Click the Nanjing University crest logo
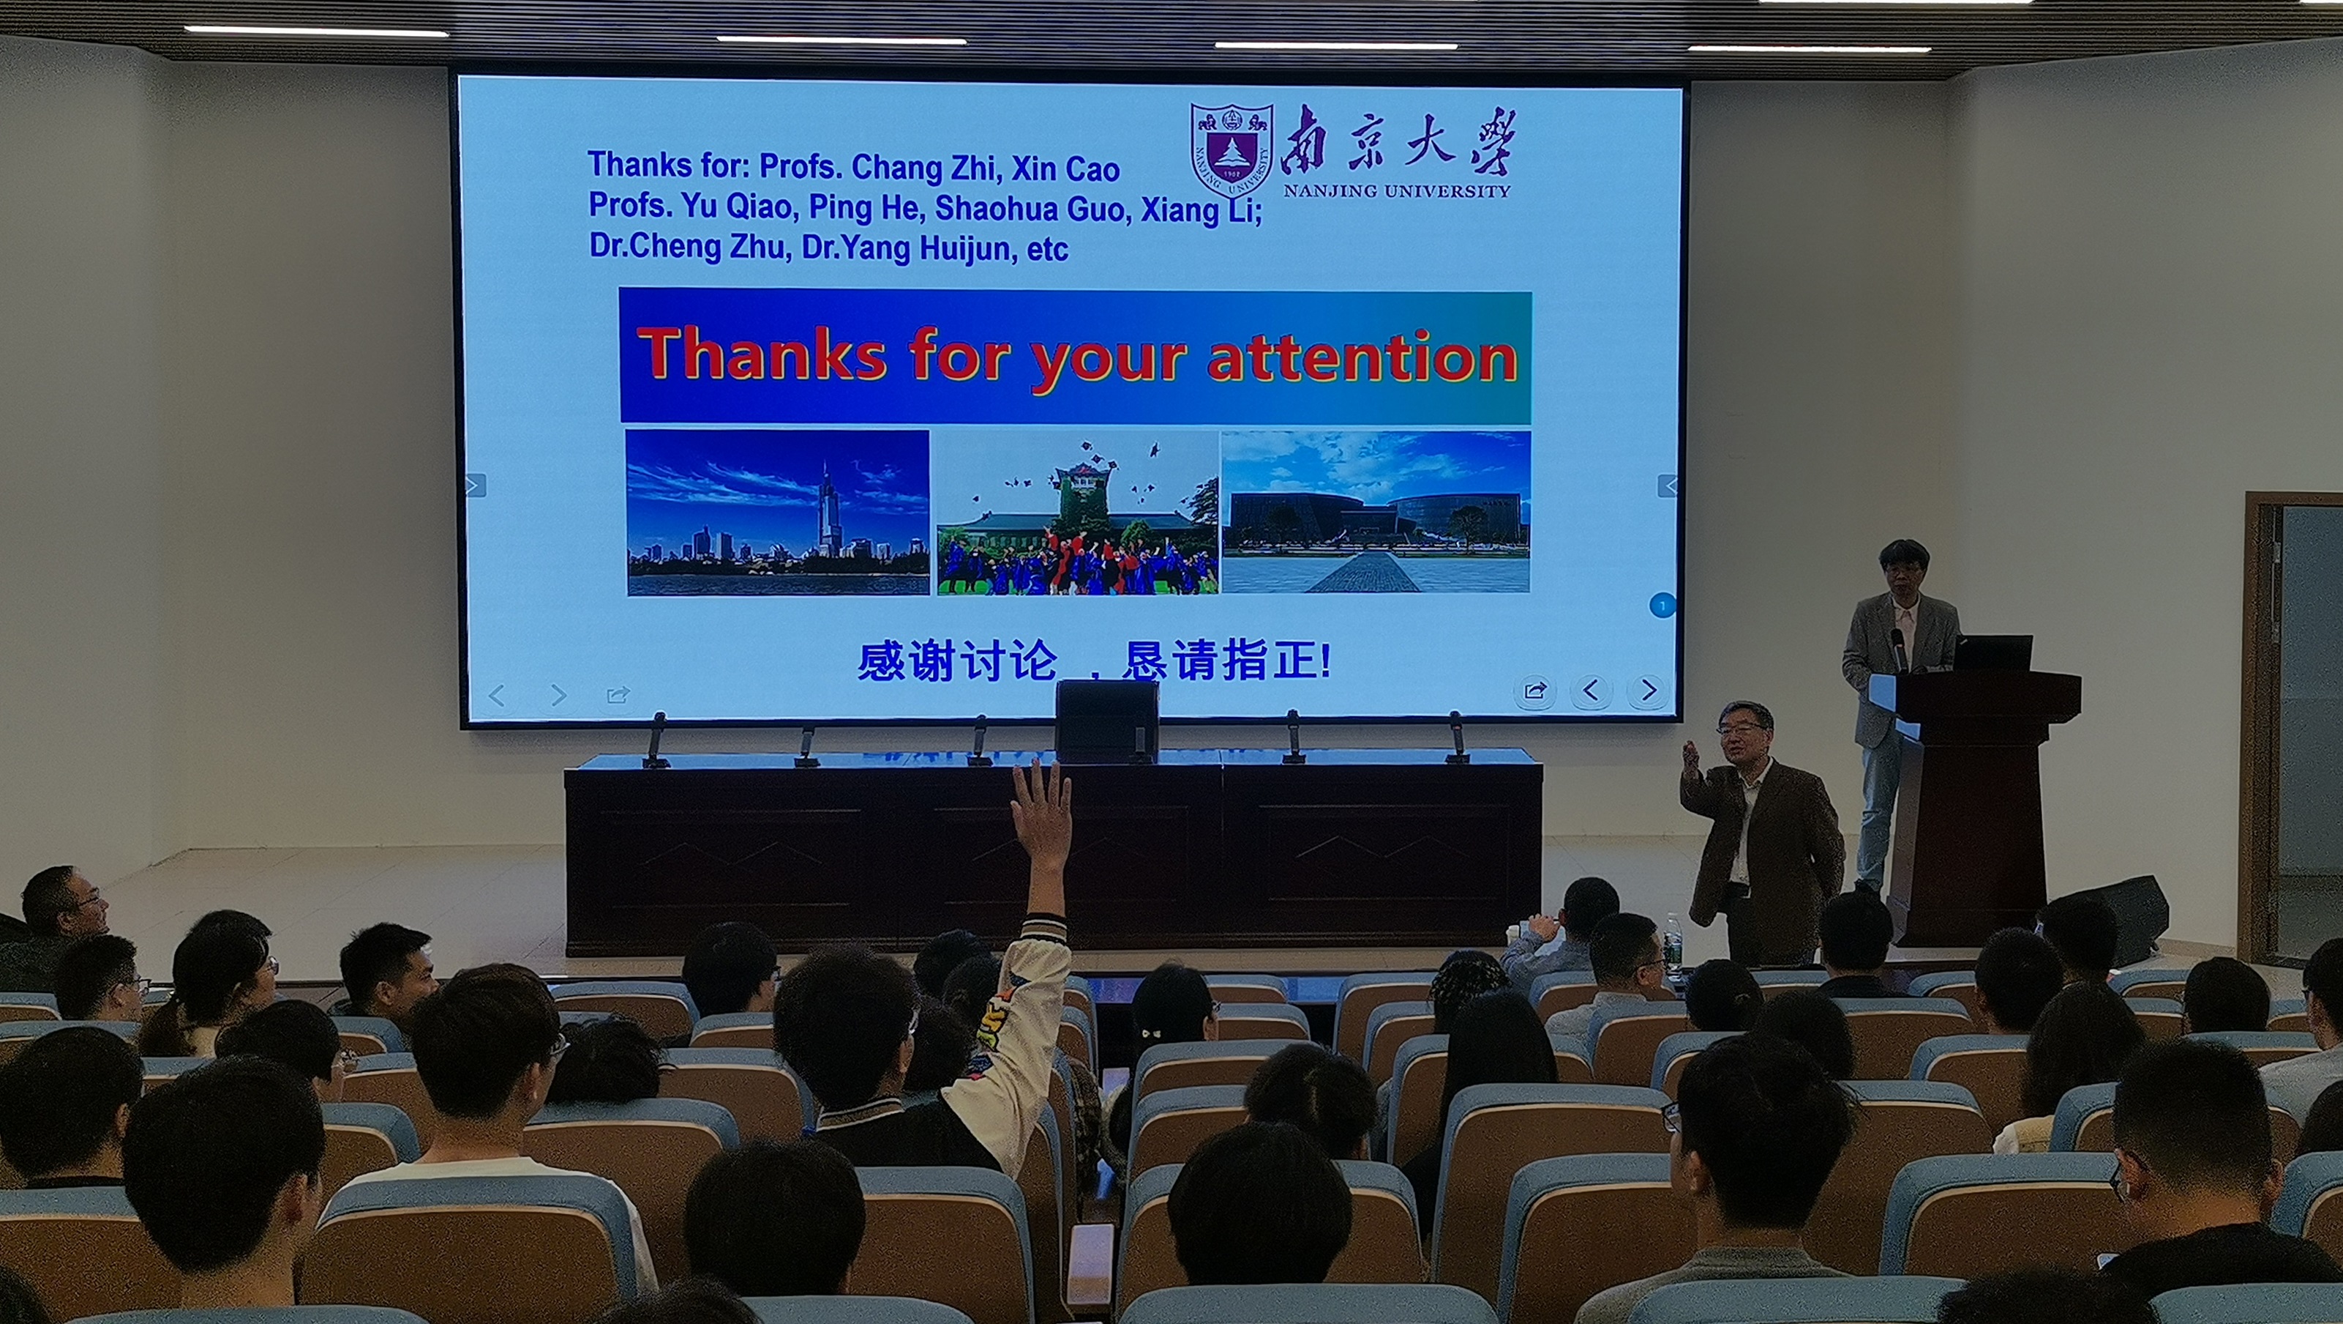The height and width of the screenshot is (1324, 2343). click(x=1232, y=150)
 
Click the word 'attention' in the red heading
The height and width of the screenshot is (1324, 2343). click(x=1362, y=357)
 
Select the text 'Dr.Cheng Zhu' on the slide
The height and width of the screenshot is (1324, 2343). click(x=689, y=247)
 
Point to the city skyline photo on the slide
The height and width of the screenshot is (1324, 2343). click(x=778, y=513)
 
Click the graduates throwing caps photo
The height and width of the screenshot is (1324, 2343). click(x=1077, y=513)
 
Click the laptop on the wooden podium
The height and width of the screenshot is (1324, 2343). click(x=1993, y=653)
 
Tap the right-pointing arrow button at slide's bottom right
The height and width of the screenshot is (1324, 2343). click(x=1648, y=691)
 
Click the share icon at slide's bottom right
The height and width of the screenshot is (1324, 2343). click(x=1534, y=691)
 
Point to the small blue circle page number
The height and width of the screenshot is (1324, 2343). click(x=1662, y=605)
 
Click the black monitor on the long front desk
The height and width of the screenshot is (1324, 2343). click(x=1107, y=720)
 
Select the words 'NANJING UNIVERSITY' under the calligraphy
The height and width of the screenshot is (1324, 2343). click(x=1396, y=191)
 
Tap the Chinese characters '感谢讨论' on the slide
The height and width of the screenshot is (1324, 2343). click(x=958, y=661)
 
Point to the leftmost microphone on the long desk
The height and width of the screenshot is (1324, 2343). click(x=655, y=739)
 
